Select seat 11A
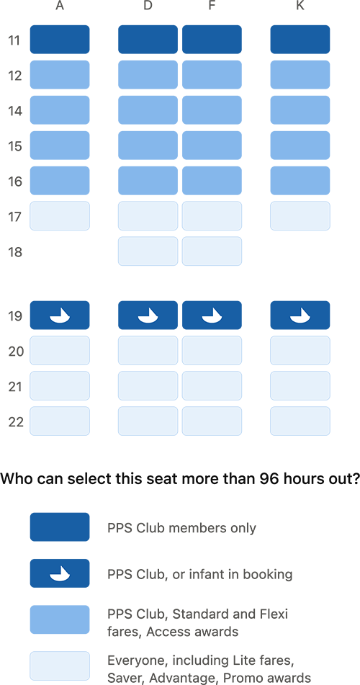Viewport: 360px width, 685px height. (x=60, y=40)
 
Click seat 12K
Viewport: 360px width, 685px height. (x=300, y=75)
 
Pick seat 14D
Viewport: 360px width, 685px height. (x=148, y=110)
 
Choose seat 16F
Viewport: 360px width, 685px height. (x=212, y=180)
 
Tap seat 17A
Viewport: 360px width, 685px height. (x=60, y=216)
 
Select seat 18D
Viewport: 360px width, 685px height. (x=148, y=251)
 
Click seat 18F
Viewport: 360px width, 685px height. (x=212, y=251)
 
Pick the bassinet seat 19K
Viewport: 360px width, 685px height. (x=300, y=315)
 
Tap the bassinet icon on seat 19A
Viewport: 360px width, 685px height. (x=60, y=316)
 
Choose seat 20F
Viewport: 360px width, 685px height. (x=212, y=350)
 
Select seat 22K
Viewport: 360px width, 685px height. (x=300, y=421)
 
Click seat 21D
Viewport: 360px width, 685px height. (x=148, y=386)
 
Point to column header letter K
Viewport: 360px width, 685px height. (x=300, y=6)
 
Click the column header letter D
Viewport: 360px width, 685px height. (x=148, y=6)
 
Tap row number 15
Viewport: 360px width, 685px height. (x=15, y=146)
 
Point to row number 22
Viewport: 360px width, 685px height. (x=15, y=421)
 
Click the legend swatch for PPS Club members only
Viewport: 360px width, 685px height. (x=60, y=527)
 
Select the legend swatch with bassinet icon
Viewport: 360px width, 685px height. (x=60, y=573)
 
